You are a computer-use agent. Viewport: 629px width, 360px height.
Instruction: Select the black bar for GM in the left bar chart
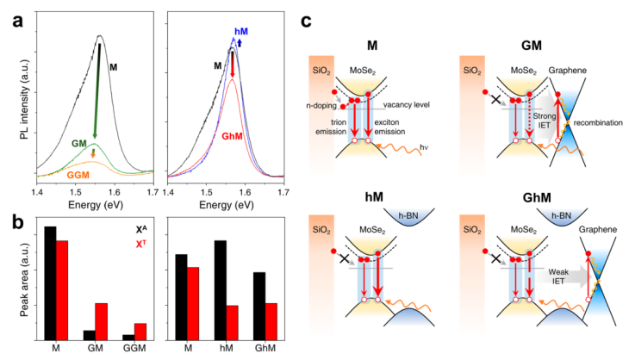point(89,334)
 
